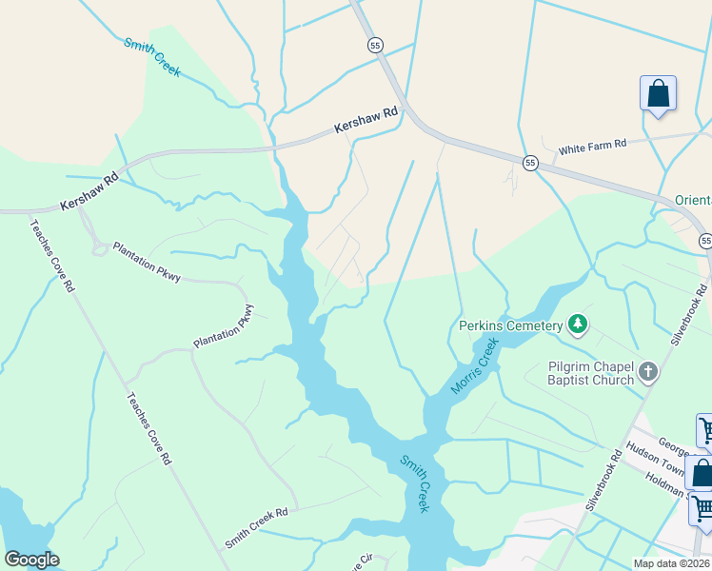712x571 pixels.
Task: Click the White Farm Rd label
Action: (592, 147)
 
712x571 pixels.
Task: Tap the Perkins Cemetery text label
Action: (510, 326)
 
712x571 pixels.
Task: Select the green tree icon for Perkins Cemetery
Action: (577, 325)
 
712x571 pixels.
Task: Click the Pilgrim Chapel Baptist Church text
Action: (591, 373)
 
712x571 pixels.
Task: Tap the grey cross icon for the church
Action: (648, 372)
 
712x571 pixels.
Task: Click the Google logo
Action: (32, 560)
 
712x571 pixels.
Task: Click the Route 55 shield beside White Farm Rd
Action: (530, 163)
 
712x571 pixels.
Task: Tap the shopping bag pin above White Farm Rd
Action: (658, 94)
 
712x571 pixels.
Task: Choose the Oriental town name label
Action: (693, 201)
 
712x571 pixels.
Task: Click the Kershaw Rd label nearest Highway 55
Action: (366, 120)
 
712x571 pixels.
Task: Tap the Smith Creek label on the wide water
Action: (415, 483)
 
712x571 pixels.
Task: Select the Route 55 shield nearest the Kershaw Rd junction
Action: (375, 45)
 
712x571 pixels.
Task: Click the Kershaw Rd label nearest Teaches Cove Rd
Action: (89, 191)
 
